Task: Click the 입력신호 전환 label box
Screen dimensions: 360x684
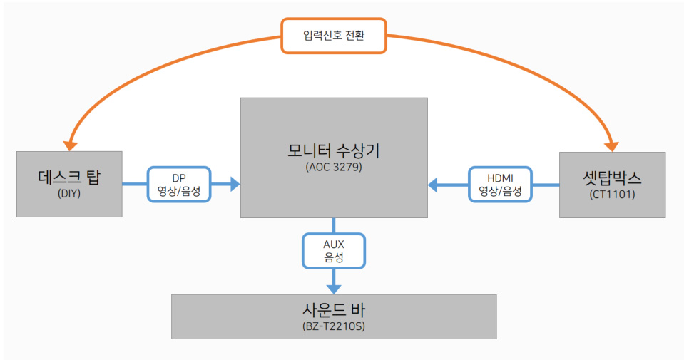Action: click(334, 36)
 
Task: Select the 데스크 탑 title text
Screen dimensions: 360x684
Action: click(69, 178)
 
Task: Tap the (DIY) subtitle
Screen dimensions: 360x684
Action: click(69, 194)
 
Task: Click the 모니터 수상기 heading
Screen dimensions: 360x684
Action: click(334, 150)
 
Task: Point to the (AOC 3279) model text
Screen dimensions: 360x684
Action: click(334, 168)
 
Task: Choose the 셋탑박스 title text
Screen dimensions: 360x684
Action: click(612, 178)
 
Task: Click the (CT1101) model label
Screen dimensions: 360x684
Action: click(612, 194)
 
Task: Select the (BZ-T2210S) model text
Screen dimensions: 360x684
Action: click(334, 327)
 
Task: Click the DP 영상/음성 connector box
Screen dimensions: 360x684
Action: click(179, 185)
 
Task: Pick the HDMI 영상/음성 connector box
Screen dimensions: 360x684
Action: click(500, 185)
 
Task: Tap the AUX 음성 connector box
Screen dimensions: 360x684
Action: click(334, 250)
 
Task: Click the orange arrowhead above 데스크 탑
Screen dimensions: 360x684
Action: click(70, 144)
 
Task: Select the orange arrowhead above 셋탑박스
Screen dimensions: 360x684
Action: click(612, 144)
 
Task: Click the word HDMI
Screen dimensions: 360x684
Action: click(500, 178)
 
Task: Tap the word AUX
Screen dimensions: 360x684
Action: click(334, 244)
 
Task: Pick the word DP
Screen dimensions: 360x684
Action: click(179, 178)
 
